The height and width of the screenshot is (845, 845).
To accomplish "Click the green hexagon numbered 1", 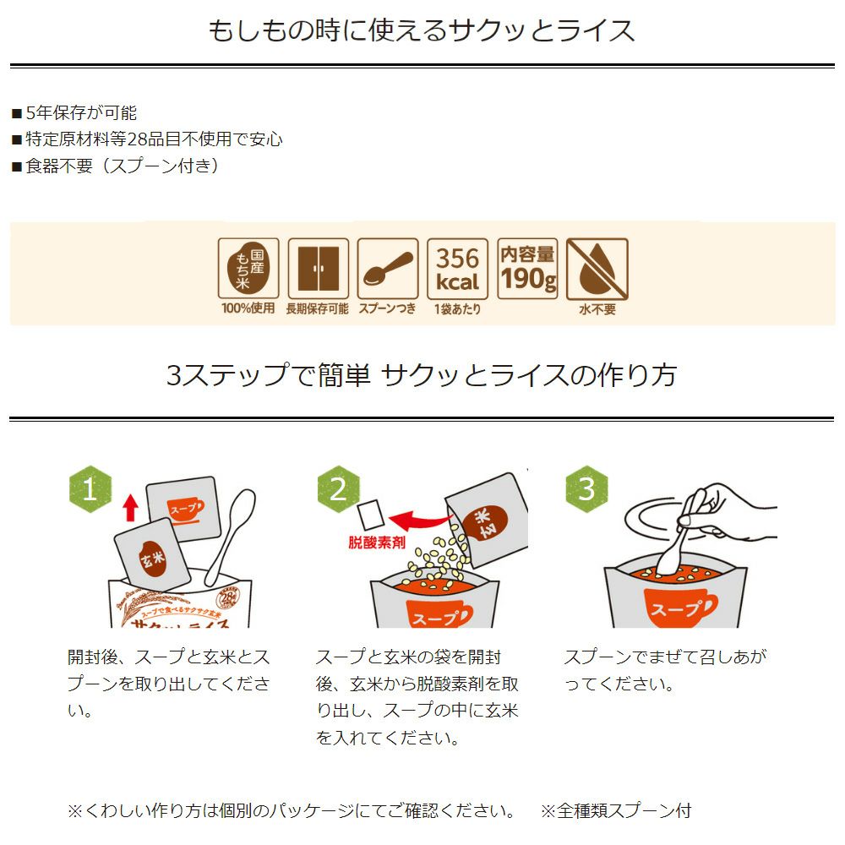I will tap(90, 489).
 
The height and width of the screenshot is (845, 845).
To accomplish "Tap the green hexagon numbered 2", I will tap(338, 489).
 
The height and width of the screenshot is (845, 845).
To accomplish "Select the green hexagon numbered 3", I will tap(586, 489).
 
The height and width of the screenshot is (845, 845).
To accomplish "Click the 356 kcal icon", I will tap(457, 269).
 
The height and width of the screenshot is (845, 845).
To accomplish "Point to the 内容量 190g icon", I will tap(527, 269).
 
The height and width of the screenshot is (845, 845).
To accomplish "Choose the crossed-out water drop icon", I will tap(597, 269).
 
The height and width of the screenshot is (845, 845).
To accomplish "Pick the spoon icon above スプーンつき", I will tap(388, 269).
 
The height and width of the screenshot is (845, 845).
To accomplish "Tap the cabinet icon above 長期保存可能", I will tap(318, 269).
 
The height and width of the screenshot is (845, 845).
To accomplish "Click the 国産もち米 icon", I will tap(248, 269).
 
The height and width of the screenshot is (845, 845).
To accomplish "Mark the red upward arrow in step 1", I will tap(130, 507).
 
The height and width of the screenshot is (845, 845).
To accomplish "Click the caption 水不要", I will tap(597, 310).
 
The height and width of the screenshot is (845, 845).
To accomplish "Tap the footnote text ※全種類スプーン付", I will tap(616, 811).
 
